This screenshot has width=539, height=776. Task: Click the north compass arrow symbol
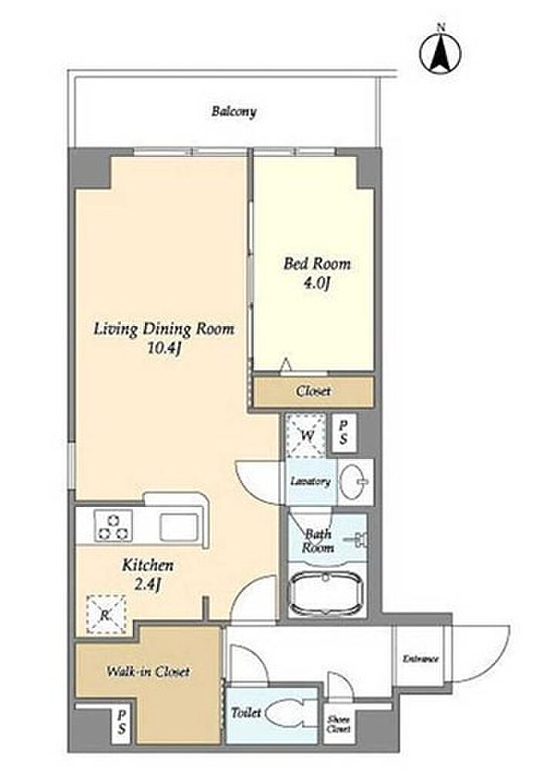coord(440,51)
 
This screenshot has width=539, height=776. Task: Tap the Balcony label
coord(234,111)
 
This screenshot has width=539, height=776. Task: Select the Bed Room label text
coord(317,264)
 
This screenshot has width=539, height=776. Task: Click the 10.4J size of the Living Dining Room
coord(164,348)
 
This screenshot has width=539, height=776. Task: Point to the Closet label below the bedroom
coord(313,391)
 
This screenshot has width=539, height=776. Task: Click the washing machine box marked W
coord(306,436)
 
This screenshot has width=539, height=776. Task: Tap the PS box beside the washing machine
coord(343,432)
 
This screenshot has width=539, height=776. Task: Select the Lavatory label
coord(310,481)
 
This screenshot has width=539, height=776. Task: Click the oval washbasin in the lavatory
coord(354,481)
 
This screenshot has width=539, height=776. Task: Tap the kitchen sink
coord(179,526)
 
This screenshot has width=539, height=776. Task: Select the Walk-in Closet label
coord(149,671)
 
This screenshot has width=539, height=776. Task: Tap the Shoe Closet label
coord(339,724)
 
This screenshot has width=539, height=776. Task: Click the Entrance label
coord(420,659)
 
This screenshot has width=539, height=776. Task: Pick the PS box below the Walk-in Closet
coord(121,724)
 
